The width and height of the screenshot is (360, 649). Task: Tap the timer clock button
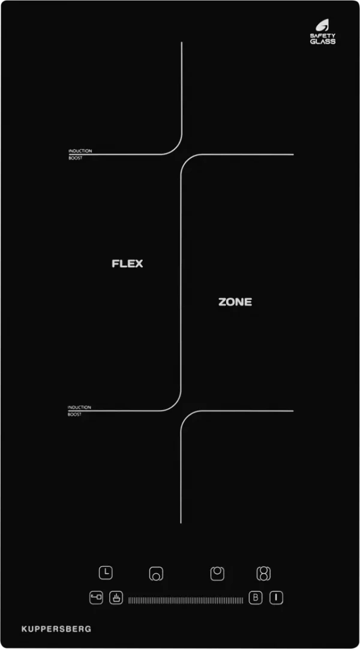(x=106, y=573)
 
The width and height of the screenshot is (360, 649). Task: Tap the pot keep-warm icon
(x=116, y=598)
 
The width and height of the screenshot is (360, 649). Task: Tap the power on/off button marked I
(x=277, y=598)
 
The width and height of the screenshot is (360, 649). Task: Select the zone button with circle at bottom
(x=156, y=574)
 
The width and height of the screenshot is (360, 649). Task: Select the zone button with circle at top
(x=217, y=573)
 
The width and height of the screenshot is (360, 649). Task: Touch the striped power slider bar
(x=186, y=600)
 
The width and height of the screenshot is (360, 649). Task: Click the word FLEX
(x=127, y=264)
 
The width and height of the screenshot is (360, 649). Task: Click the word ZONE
(x=235, y=302)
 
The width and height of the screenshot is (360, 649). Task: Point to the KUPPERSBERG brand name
(x=56, y=629)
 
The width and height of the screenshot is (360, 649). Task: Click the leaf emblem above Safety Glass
(x=322, y=26)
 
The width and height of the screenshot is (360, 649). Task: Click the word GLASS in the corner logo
(x=323, y=41)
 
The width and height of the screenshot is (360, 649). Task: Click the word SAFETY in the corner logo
(x=323, y=36)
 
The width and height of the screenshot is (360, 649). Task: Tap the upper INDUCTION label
(x=80, y=151)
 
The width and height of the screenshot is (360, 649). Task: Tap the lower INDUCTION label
(x=79, y=407)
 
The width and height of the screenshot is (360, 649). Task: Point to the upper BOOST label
(x=75, y=158)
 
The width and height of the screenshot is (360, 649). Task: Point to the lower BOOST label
(x=74, y=414)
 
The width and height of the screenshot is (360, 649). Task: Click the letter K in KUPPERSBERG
(x=24, y=629)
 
